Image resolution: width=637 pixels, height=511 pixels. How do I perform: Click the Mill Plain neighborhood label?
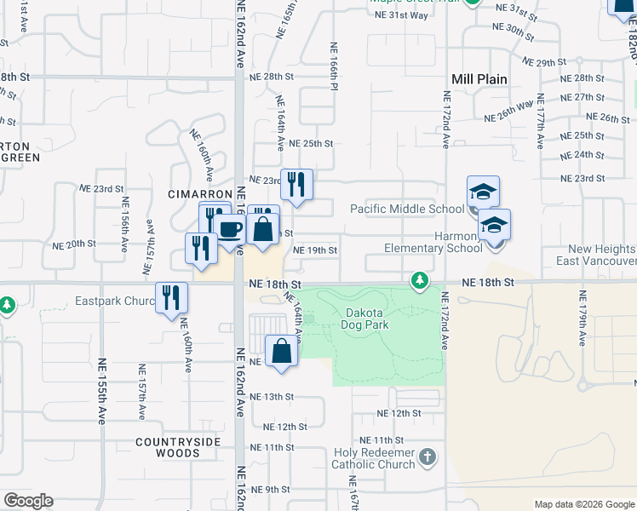point(479,79)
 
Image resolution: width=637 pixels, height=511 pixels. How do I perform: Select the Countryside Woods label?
point(177,447)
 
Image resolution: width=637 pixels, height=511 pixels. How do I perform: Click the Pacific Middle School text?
point(407,209)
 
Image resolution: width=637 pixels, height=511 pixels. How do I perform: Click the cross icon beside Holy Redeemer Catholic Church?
point(428,458)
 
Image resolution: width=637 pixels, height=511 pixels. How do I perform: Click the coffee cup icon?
point(228,228)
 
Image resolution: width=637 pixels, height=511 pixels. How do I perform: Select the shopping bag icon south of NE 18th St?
point(281,351)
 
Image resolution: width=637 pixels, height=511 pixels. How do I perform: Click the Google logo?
point(28,501)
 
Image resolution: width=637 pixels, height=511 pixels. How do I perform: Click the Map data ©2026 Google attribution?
point(583,504)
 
